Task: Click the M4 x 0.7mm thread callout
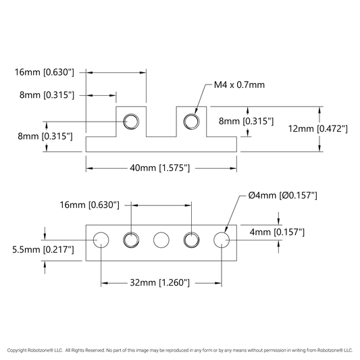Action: (239, 84)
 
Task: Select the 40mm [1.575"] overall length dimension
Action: (160, 168)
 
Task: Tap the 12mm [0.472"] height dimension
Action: (317, 128)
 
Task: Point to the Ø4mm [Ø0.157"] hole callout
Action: (282, 195)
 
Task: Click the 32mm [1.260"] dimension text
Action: (160, 282)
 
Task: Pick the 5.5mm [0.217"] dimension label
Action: (43, 249)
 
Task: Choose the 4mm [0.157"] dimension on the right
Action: (277, 232)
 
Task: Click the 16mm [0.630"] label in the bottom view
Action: (90, 205)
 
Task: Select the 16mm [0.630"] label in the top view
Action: (45, 72)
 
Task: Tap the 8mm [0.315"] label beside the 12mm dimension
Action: (246, 121)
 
